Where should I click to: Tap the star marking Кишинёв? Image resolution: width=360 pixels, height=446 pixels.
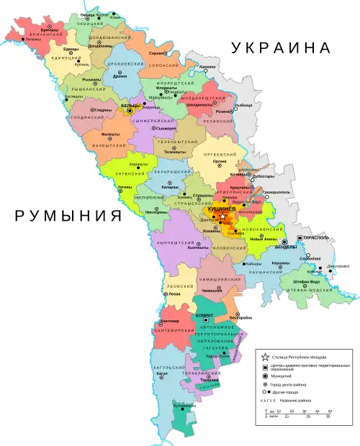pyautogui.click(x=223, y=216)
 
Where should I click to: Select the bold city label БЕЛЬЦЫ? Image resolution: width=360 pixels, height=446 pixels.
pyautogui.click(x=131, y=126)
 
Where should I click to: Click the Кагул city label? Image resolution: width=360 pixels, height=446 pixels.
pyautogui.click(x=162, y=374)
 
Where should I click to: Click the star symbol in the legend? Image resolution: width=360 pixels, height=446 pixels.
pyautogui.click(x=266, y=358)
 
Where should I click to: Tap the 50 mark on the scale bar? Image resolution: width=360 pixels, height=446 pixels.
pyautogui.click(x=329, y=411)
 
